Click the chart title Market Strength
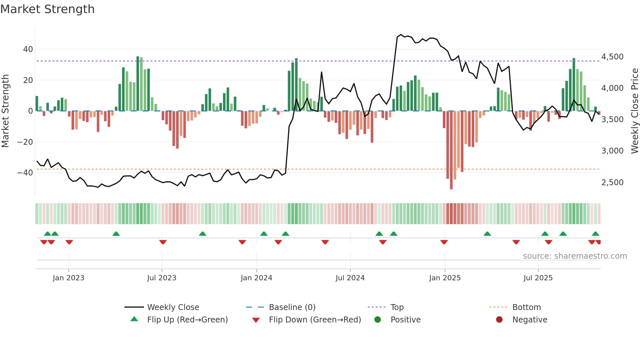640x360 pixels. [47, 9]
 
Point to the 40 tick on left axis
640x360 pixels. [28, 49]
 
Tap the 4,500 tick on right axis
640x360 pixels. [612, 57]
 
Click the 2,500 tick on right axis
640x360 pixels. [612, 183]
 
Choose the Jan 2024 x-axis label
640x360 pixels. [256, 278]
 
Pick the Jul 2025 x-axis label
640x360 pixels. [538, 278]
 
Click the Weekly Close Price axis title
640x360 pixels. [634, 111]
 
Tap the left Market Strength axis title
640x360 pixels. [5, 111]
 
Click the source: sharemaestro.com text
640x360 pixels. [575, 256]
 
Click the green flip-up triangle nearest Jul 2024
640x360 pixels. [379, 234]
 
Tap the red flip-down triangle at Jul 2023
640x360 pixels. [163, 242]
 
